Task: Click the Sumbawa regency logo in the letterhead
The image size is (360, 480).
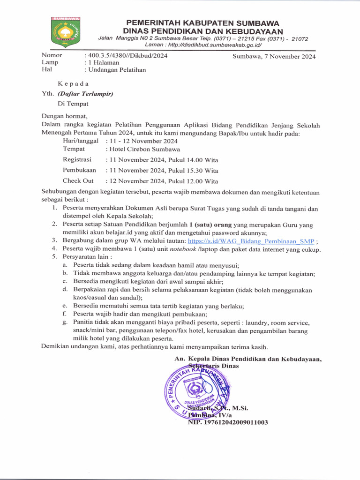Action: pos(66,32)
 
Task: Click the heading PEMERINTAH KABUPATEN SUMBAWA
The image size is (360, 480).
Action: pos(202,22)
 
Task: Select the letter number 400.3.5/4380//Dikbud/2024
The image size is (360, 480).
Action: pos(126,55)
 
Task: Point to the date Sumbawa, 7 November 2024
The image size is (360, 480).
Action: pos(274,57)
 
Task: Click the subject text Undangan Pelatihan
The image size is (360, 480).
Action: pos(115,70)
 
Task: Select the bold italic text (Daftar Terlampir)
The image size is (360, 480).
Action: pos(85,93)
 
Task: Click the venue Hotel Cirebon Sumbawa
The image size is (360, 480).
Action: pos(144,149)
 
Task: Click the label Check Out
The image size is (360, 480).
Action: pos(78,180)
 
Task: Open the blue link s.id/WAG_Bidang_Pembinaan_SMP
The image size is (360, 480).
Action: pos(251,241)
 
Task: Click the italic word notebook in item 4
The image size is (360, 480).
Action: pos(183,249)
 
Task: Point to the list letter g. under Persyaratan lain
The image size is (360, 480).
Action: pos(64,322)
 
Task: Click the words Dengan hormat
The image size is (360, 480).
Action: pos(65,116)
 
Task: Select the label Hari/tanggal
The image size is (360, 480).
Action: pos(80,141)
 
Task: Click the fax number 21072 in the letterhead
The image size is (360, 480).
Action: pos(300,38)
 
